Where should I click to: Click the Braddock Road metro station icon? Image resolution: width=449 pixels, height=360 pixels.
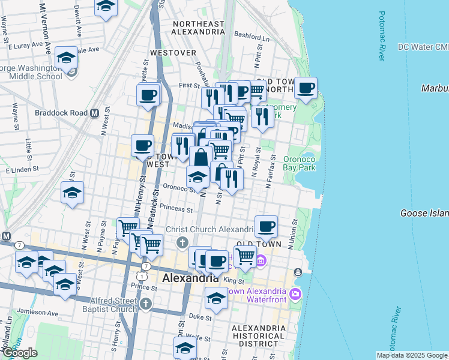coord(94,113)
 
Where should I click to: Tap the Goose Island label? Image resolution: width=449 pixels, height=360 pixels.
coord(424,213)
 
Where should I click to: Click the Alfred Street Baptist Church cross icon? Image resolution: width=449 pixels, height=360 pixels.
coord(145,305)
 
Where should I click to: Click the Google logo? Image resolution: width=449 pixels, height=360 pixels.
coord(20,353)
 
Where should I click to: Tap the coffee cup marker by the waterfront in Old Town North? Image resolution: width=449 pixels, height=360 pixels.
coord(306,88)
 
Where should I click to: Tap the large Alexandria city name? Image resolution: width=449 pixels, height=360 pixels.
coord(191,278)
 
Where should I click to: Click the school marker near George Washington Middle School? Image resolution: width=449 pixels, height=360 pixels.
coord(66,58)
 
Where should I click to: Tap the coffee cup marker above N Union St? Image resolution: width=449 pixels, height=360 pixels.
coord(266,227)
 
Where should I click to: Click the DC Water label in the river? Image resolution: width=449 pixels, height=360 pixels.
coord(423,47)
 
